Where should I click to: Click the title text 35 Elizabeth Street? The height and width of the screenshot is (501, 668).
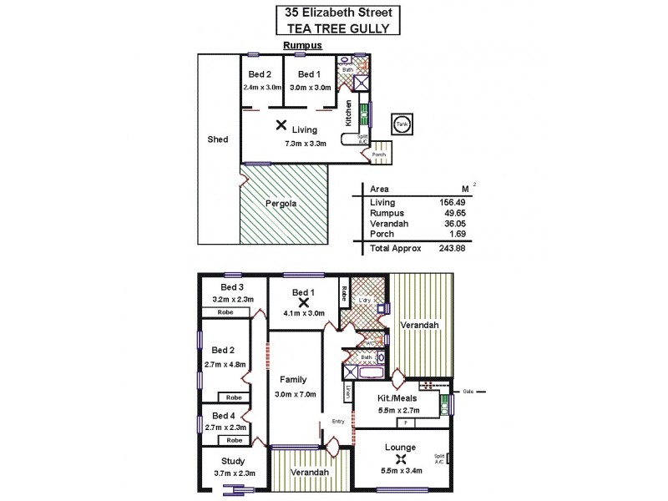(338, 13)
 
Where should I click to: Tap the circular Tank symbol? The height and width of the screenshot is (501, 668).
(402, 124)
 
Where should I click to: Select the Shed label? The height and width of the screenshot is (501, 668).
(217, 139)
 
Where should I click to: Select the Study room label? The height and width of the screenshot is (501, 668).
(232, 461)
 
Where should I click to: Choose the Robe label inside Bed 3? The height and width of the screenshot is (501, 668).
(225, 311)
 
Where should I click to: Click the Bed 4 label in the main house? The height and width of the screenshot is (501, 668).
(224, 415)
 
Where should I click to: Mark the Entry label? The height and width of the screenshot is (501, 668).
(338, 421)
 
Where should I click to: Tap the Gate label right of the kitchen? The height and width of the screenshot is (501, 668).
(468, 391)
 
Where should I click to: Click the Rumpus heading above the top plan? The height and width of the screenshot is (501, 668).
(302, 46)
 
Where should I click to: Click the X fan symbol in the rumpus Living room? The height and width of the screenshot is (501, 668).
(281, 126)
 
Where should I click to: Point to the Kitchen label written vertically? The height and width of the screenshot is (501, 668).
(350, 113)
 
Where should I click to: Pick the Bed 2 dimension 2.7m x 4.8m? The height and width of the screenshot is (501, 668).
(225, 365)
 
